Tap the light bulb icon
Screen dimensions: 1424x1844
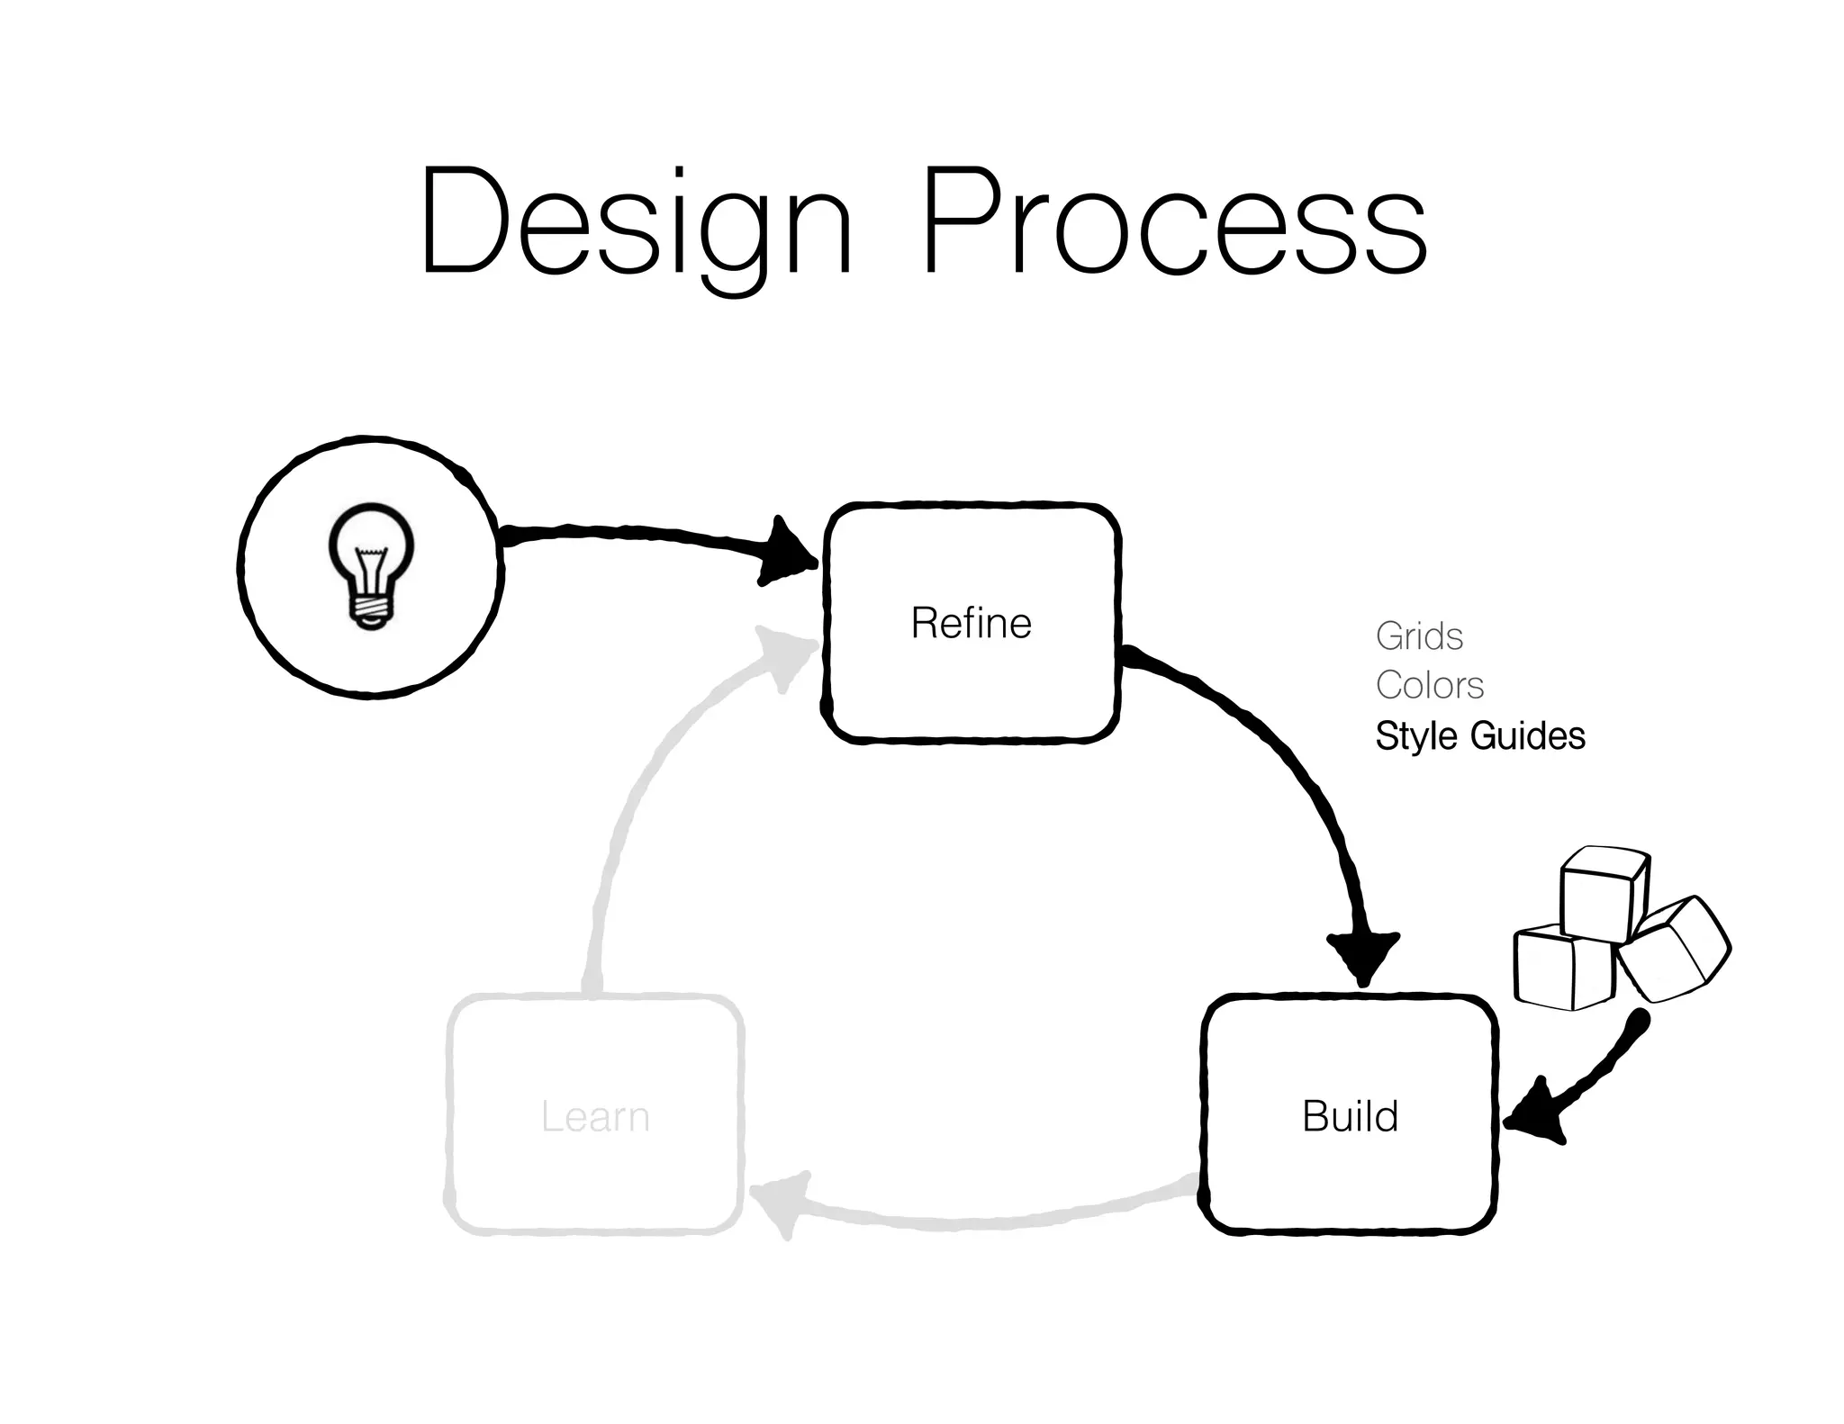[371, 565]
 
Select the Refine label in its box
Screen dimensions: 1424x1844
[971, 623]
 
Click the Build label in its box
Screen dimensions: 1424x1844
[1350, 1116]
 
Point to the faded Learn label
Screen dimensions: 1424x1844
[595, 1117]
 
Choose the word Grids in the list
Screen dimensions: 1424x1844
[1419, 636]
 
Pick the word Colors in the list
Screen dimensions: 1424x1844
[1429, 686]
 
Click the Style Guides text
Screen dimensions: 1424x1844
[1479, 735]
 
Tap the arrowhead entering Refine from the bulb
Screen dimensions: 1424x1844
[788, 552]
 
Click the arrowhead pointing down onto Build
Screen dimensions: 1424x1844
[1363, 956]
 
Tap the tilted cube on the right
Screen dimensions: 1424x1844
[1673, 950]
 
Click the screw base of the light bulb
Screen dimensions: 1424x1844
[371, 610]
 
